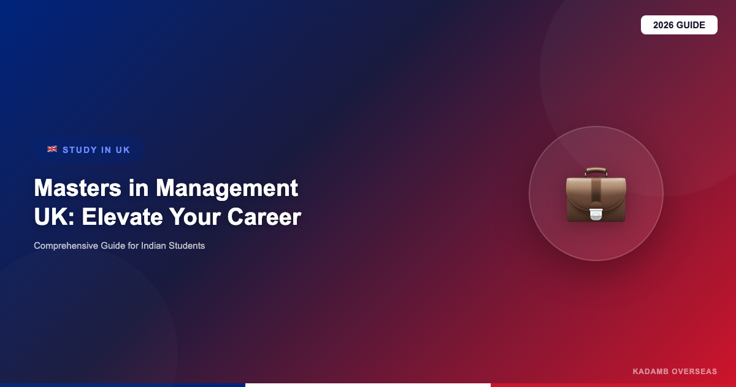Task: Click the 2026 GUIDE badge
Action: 679,25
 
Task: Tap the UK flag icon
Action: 52,149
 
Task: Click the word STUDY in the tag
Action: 80,150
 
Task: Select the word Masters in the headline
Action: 77,188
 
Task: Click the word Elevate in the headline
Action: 122,217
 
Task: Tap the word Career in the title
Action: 264,217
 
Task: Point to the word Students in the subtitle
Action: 186,246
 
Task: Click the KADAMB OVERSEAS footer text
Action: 675,372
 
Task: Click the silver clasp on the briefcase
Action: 596,214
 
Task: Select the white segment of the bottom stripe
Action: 368,385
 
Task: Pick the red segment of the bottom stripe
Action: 613,385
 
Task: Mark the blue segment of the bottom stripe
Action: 123,385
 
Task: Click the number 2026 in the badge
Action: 664,25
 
